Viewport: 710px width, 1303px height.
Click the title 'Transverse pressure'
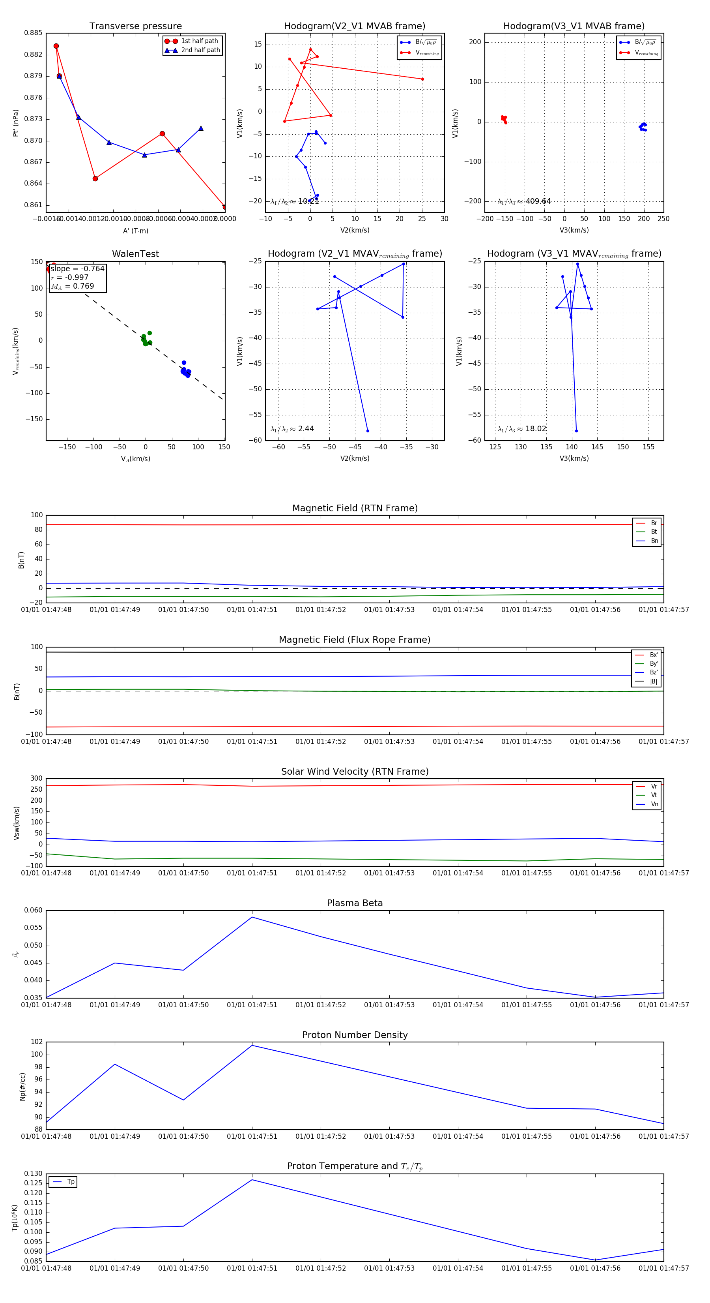coord(135,26)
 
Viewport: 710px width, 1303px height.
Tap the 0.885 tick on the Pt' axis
coord(34,33)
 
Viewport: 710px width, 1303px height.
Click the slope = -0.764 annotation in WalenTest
coord(77,268)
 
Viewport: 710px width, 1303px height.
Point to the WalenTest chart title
coord(135,254)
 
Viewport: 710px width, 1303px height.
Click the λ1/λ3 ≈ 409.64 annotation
coord(524,201)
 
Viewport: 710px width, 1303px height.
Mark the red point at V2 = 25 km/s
coord(422,79)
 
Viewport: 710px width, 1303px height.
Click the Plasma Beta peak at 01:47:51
coord(252,917)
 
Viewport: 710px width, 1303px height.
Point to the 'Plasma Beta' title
coord(355,903)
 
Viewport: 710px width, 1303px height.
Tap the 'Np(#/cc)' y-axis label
coord(22,1086)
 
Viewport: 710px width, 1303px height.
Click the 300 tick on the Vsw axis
coord(36,779)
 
